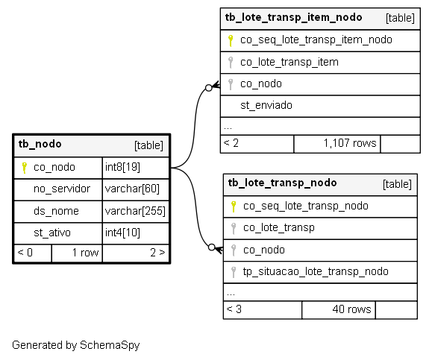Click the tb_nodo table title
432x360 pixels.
point(40,144)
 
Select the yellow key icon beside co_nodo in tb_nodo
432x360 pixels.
point(24,168)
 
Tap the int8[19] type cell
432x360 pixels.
point(136,168)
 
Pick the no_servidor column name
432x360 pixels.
point(62,189)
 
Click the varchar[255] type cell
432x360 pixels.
point(136,211)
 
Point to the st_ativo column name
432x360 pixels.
point(52,233)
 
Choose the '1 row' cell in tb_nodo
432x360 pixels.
point(77,253)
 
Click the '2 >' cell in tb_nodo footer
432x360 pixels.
point(136,253)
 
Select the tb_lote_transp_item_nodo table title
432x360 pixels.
point(293,17)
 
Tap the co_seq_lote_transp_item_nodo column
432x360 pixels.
point(316,40)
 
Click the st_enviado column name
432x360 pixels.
point(266,105)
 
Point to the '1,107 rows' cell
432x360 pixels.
point(337,143)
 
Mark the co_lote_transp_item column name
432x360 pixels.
point(289,62)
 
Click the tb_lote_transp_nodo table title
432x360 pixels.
point(282,183)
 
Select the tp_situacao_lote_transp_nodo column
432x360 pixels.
point(316,271)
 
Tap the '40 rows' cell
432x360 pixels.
point(339,309)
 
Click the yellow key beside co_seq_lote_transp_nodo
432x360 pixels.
point(234,206)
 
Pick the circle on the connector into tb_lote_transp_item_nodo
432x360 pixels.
point(209,88)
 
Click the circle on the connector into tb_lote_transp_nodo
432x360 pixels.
point(212,247)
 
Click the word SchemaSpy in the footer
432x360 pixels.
point(110,345)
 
